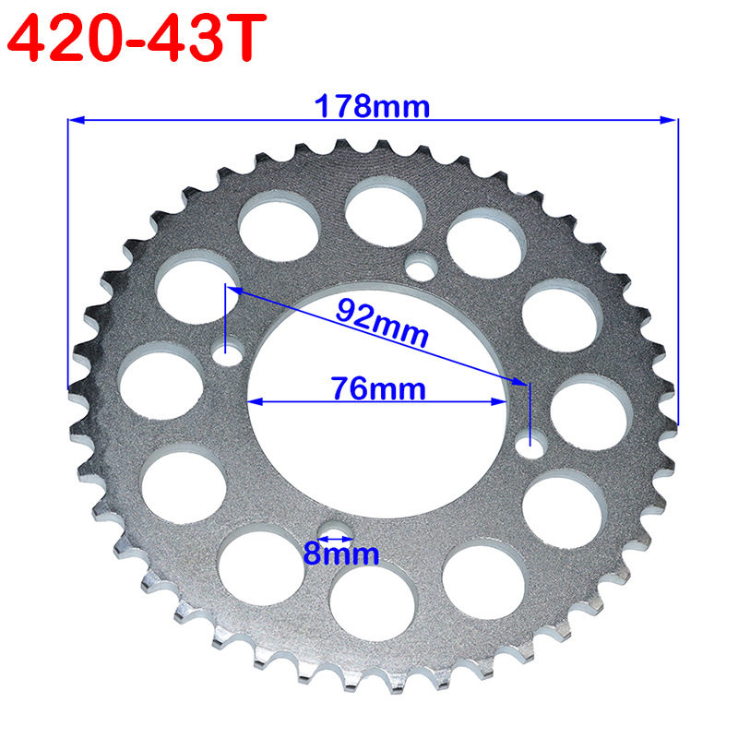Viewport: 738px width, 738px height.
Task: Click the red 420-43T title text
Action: coord(137,38)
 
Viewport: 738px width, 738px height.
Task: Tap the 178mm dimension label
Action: coord(372,106)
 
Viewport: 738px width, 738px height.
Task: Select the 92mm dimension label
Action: coord(382,322)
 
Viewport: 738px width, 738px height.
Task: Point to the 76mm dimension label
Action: coord(378,388)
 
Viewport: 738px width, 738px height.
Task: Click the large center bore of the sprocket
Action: coord(377,400)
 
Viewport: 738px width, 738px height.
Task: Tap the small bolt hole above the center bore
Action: coord(422,267)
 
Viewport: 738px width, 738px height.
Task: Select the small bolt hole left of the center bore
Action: coord(227,352)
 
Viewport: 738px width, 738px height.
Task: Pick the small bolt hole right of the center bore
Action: coord(531,445)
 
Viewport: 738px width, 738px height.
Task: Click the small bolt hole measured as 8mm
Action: coord(337,532)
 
